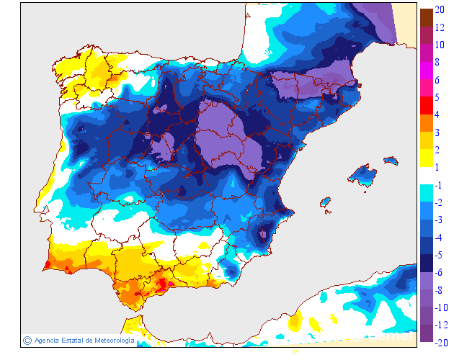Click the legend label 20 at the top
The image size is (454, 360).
[439, 10]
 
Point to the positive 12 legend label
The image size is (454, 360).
[439, 27]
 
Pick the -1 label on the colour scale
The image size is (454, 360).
[439, 185]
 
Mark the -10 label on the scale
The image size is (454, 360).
[440, 307]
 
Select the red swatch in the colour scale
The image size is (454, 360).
[426, 106]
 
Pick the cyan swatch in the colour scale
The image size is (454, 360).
[426, 193]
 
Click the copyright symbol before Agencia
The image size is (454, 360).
[27, 340]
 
